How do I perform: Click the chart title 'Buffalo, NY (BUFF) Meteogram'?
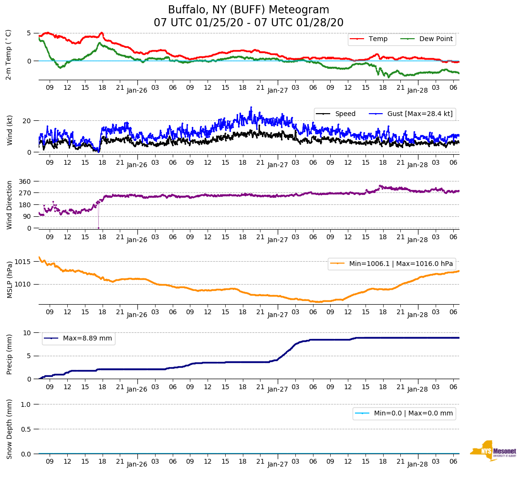point(249,10)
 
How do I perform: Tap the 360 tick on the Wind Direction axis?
point(25,181)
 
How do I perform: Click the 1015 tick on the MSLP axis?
point(23,262)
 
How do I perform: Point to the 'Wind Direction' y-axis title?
point(10,205)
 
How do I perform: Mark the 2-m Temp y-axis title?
point(8,54)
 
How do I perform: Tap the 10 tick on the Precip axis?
point(28,333)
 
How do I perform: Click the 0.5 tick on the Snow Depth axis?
point(26,429)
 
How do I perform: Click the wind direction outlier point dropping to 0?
point(98,228)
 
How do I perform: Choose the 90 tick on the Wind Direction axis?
point(27,216)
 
